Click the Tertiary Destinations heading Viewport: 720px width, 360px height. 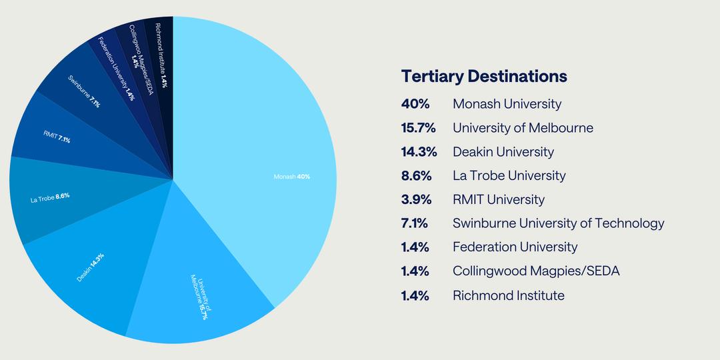click(484, 77)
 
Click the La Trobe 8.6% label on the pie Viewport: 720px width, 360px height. click(50, 198)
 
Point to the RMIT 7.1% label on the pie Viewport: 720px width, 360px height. click(57, 137)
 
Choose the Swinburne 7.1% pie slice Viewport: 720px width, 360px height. click(92, 92)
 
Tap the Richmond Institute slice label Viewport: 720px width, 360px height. click(160, 55)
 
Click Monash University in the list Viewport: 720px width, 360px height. click(507, 104)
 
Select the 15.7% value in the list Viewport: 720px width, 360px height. click(418, 127)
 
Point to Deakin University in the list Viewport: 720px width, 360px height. click(503, 152)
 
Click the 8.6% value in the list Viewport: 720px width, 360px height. click(416, 175)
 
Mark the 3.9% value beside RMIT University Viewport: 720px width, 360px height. click(416, 199)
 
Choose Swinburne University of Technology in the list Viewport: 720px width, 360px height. click(559, 223)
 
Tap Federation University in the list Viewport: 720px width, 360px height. click(515, 247)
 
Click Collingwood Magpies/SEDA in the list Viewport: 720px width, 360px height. click(536, 271)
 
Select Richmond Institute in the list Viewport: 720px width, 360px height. click(508, 295)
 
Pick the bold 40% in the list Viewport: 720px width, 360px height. click(415, 104)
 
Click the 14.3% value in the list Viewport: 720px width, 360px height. click(419, 151)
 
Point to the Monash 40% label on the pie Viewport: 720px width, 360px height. click(291, 176)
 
